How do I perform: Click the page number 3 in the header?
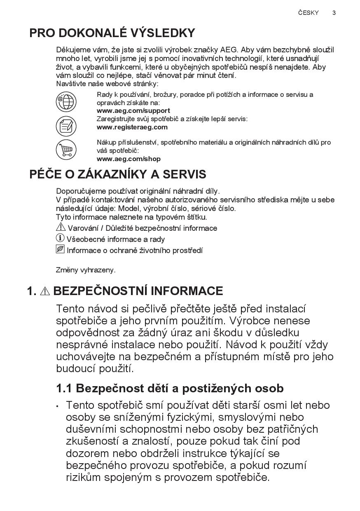click(x=334, y=13)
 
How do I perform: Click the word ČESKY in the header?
click(x=309, y=13)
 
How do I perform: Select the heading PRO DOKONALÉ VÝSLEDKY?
click(x=112, y=33)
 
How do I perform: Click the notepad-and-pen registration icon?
click(x=66, y=126)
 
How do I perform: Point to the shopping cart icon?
click(x=66, y=149)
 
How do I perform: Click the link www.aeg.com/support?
click(x=133, y=110)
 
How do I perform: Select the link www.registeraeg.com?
click(x=132, y=127)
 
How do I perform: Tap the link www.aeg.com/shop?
click(x=129, y=159)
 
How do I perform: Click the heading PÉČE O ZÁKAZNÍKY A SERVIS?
click(x=118, y=174)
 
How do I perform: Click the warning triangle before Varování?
click(x=61, y=227)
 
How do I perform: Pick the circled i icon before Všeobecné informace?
click(x=60, y=238)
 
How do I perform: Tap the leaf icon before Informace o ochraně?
click(x=60, y=249)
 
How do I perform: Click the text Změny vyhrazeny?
click(x=86, y=270)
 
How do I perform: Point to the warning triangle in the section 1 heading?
click(x=45, y=291)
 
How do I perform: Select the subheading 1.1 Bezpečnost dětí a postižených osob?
click(x=170, y=388)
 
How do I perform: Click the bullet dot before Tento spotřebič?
click(x=58, y=406)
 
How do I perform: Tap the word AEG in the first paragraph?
click(x=229, y=50)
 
